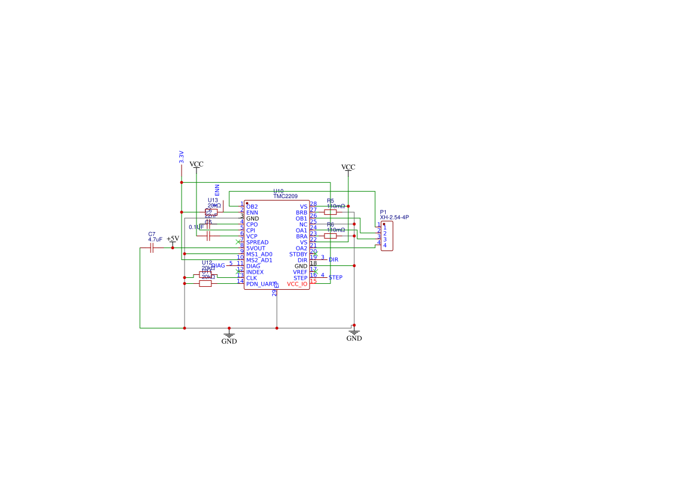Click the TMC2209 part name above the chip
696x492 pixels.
(285, 196)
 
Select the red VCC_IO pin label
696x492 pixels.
(297, 284)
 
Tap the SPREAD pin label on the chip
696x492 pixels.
(257, 243)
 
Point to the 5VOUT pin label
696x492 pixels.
(256, 249)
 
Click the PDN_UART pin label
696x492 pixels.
(261, 284)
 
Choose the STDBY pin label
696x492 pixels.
(298, 255)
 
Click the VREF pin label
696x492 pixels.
(300, 272)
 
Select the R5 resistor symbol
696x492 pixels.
(330, 212)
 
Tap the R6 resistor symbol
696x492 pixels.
(330, 236)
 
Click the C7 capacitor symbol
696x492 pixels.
(152, 247)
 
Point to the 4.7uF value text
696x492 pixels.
(155, 240)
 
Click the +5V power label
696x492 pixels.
(173, 239)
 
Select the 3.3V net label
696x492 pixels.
(182, 157)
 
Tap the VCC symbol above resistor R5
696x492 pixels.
(348, 167)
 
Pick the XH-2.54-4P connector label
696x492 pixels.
(394, 218)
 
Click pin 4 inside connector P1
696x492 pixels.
(385, 245)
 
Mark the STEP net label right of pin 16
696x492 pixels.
(335, 278)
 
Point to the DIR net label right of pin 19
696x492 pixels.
(333, 260)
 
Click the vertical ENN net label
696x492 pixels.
(217, 190)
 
